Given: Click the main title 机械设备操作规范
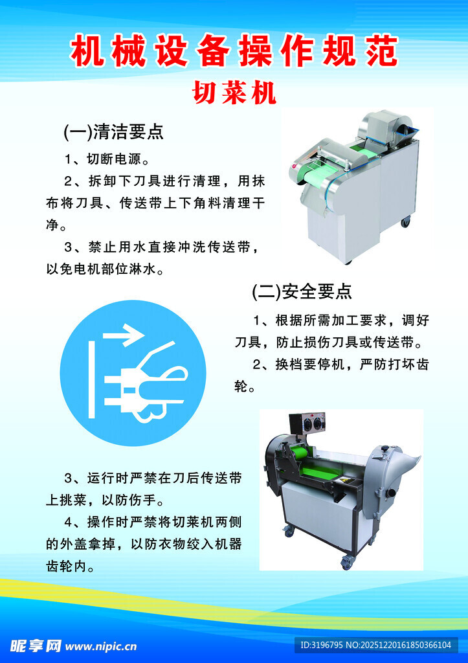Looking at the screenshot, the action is (234, 51).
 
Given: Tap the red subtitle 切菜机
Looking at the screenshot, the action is (234, 93).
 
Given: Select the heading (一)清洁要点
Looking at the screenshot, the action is (113, 132).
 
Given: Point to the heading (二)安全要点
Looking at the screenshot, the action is (302, 291).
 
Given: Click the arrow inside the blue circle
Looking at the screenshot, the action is (124, 335).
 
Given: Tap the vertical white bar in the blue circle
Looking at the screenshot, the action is (91, 380).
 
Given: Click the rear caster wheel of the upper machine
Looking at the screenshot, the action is (405, 221).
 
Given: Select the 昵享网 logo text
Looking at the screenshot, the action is (36, 646).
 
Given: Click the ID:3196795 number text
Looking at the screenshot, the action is (321, 646).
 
